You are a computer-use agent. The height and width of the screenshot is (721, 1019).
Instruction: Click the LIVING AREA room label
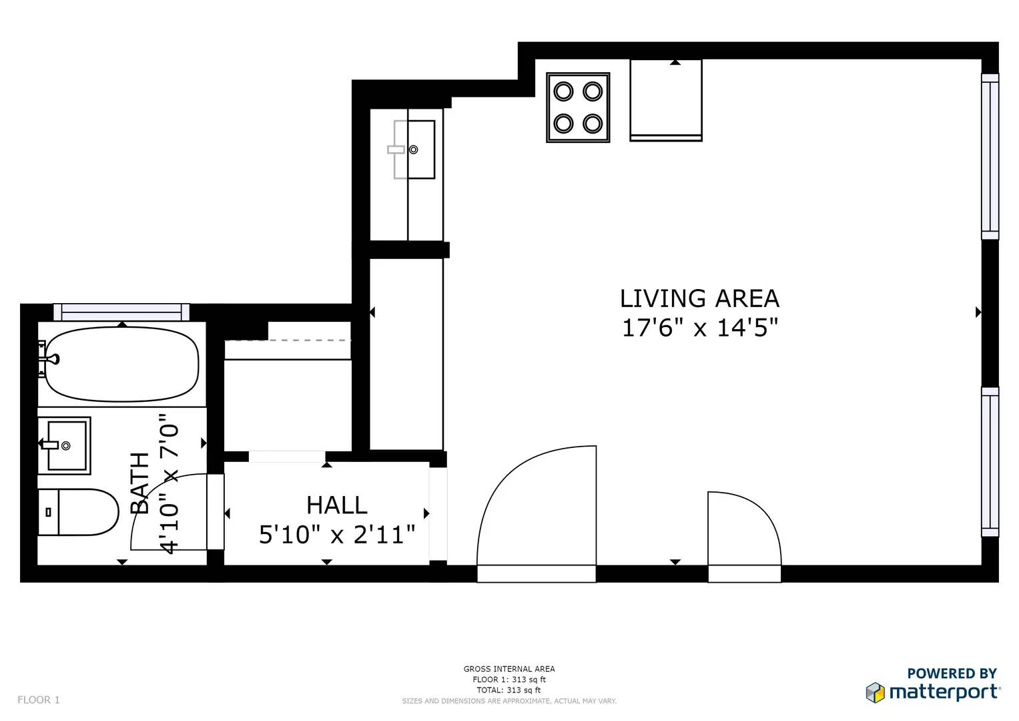click(699, 298)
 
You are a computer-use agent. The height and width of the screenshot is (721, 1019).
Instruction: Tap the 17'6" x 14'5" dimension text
click(699, 328)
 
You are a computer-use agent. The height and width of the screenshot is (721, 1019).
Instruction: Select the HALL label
click(336, 505)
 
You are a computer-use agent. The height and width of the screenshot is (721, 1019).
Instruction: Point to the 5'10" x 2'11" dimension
click(337, 534)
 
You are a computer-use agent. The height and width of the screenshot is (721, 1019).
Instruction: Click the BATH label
click(140, 483)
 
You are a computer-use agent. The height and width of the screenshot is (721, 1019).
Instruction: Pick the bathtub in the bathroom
click(122, 364)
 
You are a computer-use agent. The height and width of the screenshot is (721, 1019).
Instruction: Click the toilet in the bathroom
click(78, 512)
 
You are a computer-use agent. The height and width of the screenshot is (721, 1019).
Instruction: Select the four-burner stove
click(578, 107)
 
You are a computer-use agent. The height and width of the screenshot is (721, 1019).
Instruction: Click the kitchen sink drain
click(414, 150)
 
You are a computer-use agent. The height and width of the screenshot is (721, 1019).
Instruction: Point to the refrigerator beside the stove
click(666, 100)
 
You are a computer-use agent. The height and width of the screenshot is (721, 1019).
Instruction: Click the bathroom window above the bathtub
click(121, 312)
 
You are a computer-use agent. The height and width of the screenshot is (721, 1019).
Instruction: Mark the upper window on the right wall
click(990, 157)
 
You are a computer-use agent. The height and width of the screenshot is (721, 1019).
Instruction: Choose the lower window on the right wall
click(990, 462)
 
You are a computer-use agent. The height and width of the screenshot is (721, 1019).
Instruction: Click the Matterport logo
click(933, 692)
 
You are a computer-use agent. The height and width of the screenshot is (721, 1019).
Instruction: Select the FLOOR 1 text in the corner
click(39, 700)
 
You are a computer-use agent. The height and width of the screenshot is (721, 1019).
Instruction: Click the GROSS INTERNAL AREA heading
click(509, 669)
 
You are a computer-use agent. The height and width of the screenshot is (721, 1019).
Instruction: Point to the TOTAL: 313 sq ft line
click(509, 690)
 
